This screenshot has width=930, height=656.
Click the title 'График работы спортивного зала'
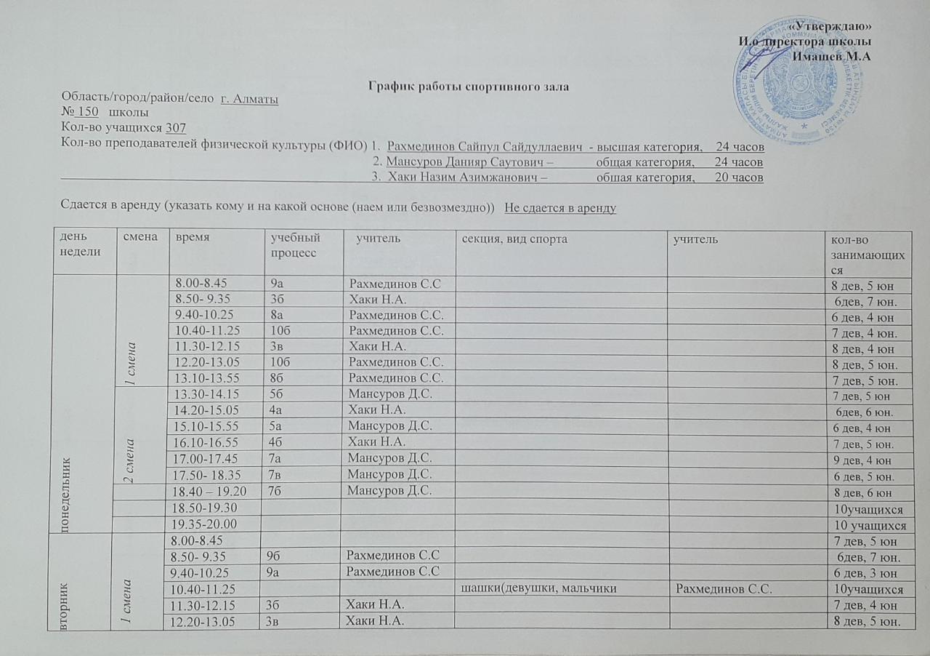point(469,87)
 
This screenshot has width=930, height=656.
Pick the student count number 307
point(176,128)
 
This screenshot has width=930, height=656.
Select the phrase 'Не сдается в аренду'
point(560,208)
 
